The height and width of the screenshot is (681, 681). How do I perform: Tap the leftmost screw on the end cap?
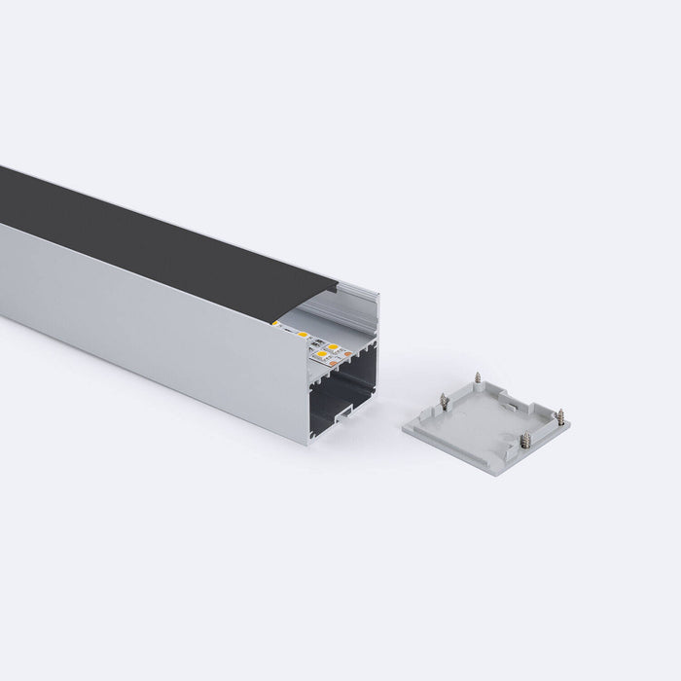444,399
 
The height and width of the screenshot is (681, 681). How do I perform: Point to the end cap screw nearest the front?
525,439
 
